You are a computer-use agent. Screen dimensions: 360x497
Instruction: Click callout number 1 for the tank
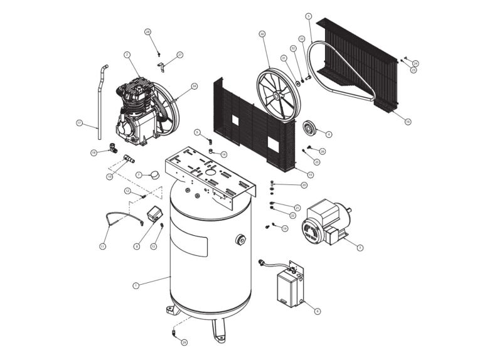pos(136,285)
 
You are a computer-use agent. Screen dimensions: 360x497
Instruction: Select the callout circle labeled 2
pos(127,55)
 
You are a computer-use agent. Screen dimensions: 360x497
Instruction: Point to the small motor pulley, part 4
pos(309,129)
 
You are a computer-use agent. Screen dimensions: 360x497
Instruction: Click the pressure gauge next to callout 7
pos(153,174)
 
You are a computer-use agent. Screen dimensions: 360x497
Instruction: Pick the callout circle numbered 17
pos(80,122)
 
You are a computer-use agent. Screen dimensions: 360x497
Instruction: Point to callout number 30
pos(262,33)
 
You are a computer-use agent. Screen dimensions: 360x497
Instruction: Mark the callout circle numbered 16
pos(408,121)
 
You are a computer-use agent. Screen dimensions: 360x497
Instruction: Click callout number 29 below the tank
pos(184,342)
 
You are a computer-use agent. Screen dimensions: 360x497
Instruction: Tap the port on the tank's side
pos(242,240)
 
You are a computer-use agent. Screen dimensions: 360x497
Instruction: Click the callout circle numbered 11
pos(102,246)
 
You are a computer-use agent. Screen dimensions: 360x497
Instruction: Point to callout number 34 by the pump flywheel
pos(195,86)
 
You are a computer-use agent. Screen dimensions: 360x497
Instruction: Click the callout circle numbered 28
pos(148,31)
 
